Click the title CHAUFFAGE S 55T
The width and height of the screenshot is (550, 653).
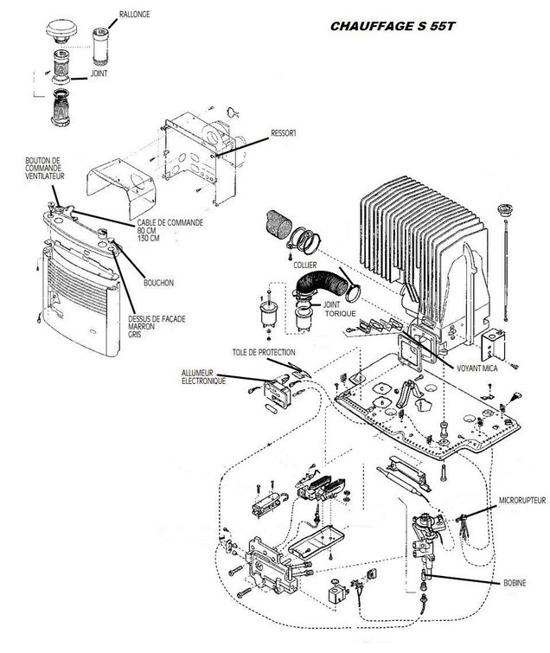click(392, 27)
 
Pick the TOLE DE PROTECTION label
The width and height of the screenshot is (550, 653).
click(263, 353)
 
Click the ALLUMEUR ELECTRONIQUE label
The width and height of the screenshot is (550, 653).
click(204, 376)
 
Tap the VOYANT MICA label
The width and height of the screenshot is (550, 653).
click(476, 367)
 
